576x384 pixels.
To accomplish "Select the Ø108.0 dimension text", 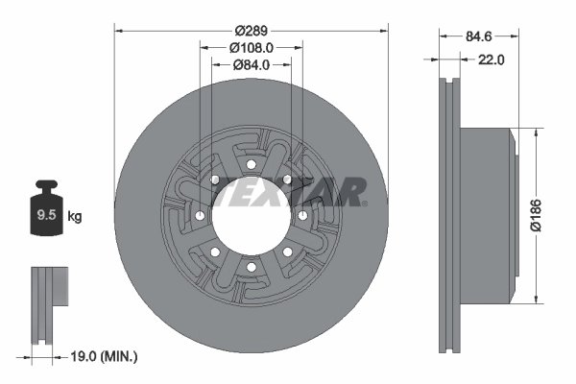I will pos(252,46).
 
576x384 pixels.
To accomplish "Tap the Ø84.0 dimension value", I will pos(252,64).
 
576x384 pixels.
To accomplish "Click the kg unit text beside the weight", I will pos(76,217).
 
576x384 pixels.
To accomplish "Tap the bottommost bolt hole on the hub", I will pos(250,266).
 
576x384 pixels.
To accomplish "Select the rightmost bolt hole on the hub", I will pos(302,215).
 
